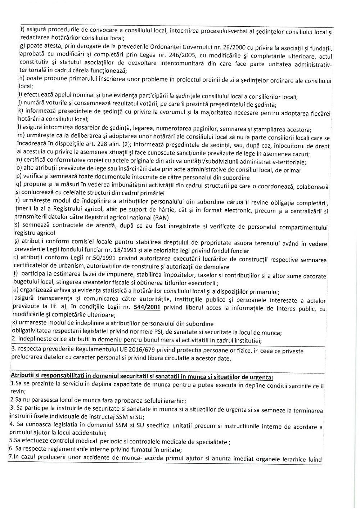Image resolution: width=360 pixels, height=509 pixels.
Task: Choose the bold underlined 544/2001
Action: [146, 308]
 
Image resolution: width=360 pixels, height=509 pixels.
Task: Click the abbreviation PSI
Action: [154, 332]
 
